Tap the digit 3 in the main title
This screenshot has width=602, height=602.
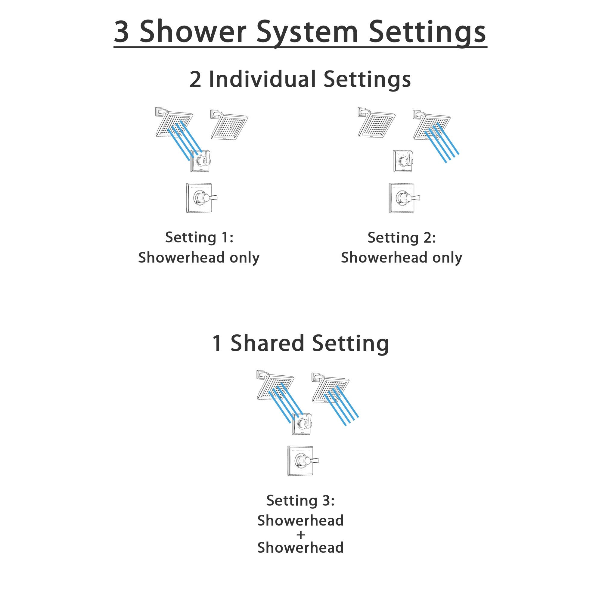pos(122,32)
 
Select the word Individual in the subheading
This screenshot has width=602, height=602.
pos(262,79)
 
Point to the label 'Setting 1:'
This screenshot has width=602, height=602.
pos(199,237)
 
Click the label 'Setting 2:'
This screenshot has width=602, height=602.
pos(402,238)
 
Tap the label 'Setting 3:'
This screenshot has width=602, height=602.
pos(300,501)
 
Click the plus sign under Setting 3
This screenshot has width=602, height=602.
pos(301,535)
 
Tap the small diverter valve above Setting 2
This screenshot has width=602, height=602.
pos(403,161)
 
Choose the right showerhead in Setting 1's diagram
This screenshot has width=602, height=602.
pos(229,124)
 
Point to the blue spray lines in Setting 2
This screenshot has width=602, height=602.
pos(442,142)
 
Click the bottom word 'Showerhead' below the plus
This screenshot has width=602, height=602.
pos(300,548)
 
